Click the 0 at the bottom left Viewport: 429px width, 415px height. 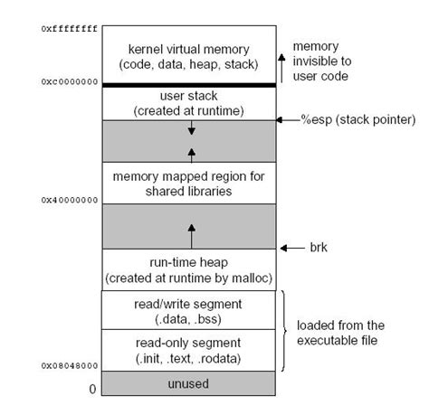(91, 390)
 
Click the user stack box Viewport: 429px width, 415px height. (190, 102)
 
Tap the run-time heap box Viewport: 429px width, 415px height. (190, 269)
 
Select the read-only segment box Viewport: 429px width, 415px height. (190, 350)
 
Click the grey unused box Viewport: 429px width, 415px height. (190, 384)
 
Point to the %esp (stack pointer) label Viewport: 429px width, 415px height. (357, 119)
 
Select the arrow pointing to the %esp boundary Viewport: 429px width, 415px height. (292, 119)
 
